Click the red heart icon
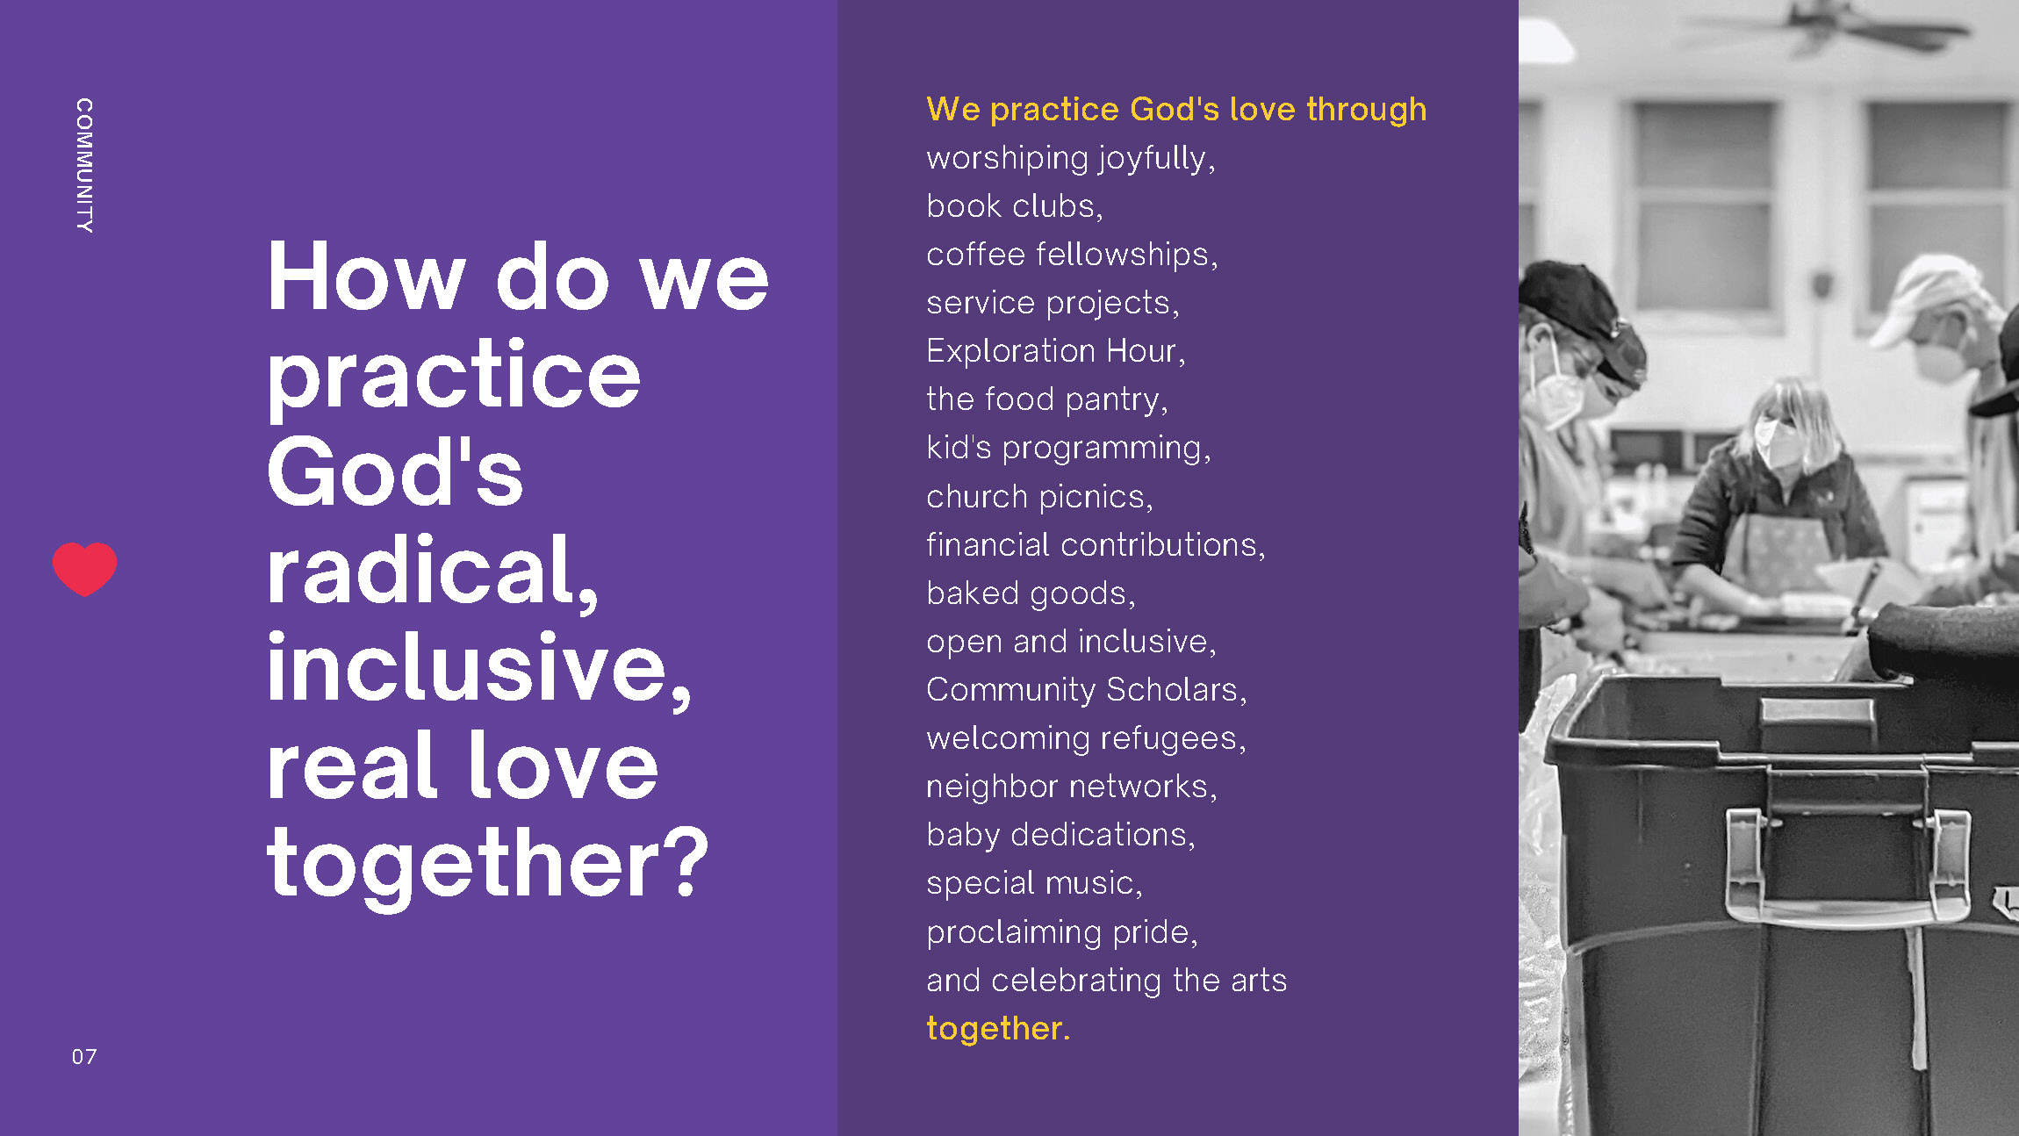(84, 569)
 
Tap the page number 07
(84, 1056)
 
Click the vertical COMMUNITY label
(84, 165)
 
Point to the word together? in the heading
(487, 866)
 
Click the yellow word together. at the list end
(998, 1028)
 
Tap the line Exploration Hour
(1056, 351)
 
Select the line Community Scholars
(1087, 690)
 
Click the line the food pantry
(1047, 399)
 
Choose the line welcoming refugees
(1087, 738)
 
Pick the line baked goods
(1031, 593)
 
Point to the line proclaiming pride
(1062, 931)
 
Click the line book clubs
(1015, 206)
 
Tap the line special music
(1034, 883)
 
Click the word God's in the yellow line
(1175, 109)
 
